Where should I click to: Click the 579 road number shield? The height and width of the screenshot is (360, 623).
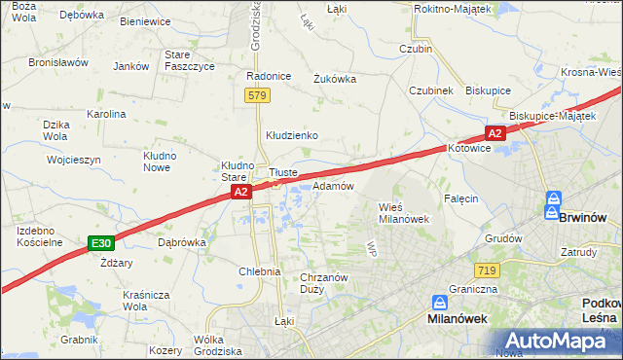(257, 95)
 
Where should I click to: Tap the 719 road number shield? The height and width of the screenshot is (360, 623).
(489, 269)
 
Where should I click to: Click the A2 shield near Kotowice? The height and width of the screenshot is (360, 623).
(495, 133)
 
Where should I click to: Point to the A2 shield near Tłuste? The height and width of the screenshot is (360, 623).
(242, 194)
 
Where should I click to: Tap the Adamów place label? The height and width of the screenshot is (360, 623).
(333, 186)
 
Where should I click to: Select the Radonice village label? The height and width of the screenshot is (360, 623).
(270, 76)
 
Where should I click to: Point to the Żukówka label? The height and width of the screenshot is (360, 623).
(334, 80)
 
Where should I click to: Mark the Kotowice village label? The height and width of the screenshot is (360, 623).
(471, 149)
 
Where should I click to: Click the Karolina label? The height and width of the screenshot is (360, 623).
(106, 114)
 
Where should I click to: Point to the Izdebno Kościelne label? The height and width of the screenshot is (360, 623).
(40, 235)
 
